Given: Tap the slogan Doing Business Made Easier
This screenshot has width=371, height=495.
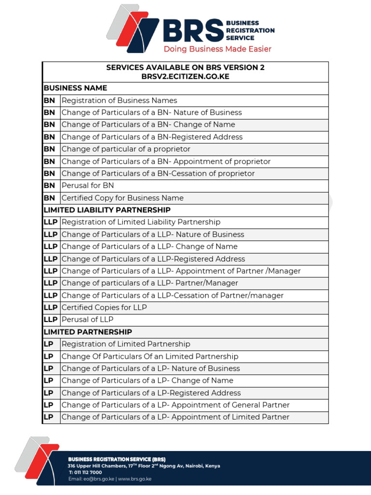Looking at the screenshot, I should point(217,49).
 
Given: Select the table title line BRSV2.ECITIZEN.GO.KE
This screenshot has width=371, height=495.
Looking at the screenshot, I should point(185,76).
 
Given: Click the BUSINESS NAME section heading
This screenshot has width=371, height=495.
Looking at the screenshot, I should point(75,88).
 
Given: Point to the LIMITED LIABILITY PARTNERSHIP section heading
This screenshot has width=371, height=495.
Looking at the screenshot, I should point(107,210).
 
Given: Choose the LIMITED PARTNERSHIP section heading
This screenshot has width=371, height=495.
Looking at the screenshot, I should point(87,332).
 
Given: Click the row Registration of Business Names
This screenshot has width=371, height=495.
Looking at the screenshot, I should point(119,101).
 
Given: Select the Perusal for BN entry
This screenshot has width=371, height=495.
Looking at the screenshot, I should point(87,186).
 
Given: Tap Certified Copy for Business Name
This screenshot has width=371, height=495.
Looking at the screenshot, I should point(122,198).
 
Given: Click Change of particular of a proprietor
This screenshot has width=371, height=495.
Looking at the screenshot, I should point(126,149).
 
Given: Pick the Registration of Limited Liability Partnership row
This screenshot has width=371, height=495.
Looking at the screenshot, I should point(141,222).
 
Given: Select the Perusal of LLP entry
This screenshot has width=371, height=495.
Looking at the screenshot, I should point(87,320).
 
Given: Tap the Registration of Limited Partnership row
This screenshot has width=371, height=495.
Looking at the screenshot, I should point(126,344).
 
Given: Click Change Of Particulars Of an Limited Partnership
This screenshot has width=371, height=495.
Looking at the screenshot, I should point(150,356).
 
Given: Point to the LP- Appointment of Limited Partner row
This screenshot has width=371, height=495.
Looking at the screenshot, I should point(175,417).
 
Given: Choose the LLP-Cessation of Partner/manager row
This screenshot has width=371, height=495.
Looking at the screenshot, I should point(172,295).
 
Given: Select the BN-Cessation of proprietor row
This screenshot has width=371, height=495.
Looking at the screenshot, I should point(158,174).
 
